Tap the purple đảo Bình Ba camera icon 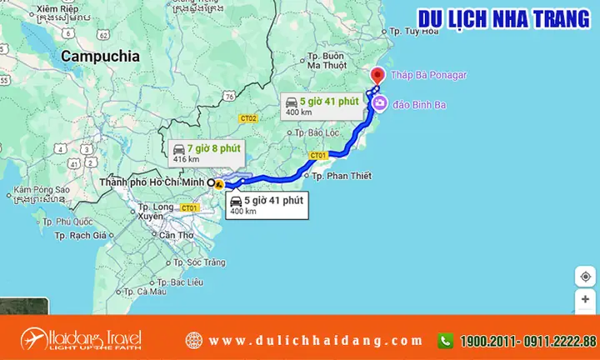pos(380,102)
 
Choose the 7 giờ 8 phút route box pos(201,152)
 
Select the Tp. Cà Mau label pos(145,291)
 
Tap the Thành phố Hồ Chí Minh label pos(152,182)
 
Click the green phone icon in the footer pos(446,340)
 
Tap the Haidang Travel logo pos(82,339)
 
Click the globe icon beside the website pos(194,340)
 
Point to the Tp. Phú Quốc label pos(70,222)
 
